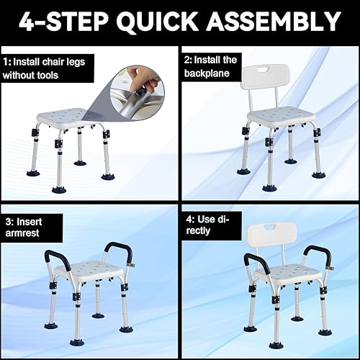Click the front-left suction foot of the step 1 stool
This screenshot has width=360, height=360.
point(59,189)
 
